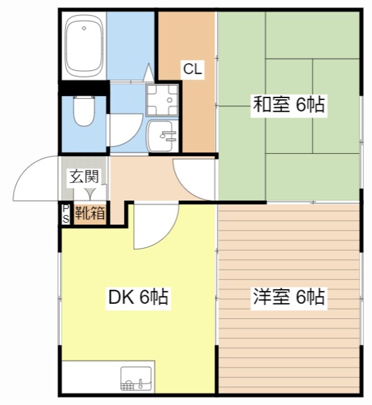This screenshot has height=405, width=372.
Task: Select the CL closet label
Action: [x=192, y=69]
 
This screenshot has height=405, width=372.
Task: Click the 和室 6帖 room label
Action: [x=288, y=105]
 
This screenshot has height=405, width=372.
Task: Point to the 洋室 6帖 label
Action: [x=288, y=297]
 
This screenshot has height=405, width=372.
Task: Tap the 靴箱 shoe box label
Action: [x=90, y=214]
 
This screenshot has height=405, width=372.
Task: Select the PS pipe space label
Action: [x=66, y=214]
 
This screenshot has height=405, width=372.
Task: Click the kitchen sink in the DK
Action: [x=136, y=378]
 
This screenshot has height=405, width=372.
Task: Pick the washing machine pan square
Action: [x=162, y=100]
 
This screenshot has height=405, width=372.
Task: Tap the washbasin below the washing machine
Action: [x=162, y=135]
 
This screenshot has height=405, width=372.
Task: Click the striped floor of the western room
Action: [x=288, y=347]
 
